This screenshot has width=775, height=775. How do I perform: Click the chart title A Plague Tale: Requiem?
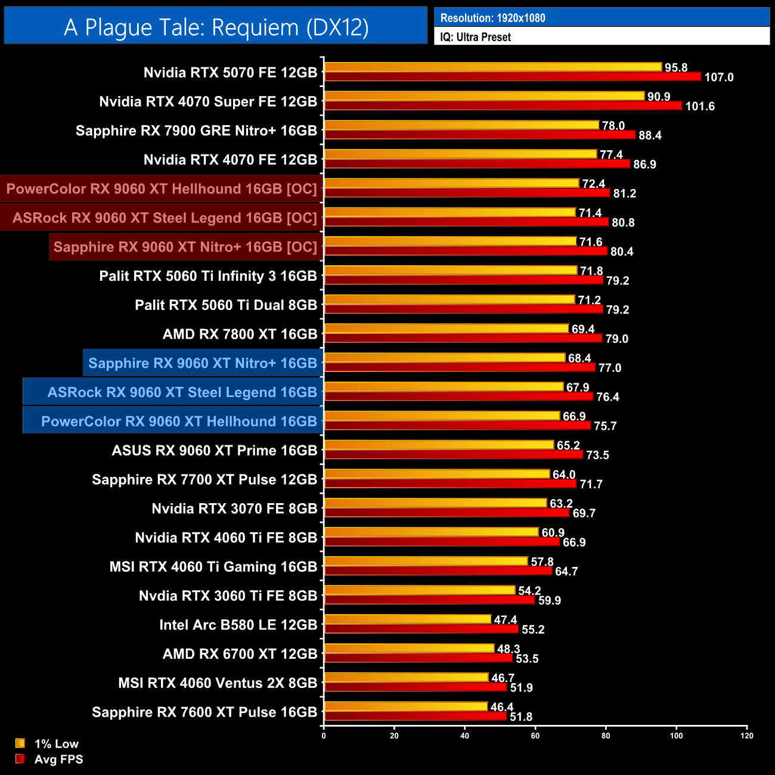coord(216,27)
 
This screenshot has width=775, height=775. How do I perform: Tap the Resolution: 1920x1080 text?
coord(492,18)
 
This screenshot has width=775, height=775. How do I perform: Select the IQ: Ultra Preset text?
coord(475,37)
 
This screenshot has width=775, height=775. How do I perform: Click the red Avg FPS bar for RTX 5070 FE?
coord(513,76)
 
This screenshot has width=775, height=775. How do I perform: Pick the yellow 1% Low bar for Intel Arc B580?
coord(408,619)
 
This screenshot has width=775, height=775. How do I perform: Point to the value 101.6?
coord(700,107)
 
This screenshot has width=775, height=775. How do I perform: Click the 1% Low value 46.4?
coord(502,707)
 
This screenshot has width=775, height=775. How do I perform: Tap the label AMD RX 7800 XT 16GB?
coord(240,334)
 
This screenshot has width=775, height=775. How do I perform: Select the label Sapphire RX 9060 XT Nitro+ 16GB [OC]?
coord(185,247)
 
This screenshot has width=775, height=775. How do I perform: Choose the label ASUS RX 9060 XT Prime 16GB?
coord(215,451)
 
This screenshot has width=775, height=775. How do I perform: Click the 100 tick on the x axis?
coord(676,736)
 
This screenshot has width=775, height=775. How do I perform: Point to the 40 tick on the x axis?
coord(464,736)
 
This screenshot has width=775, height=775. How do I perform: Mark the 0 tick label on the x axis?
coord(324,736)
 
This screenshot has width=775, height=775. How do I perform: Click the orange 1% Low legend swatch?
coord(20,743)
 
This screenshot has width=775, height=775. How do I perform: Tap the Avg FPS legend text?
coord(58,759)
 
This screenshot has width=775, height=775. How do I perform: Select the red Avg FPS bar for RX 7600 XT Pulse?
coord(415,716)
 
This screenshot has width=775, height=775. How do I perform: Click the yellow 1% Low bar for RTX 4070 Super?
coord(484,96)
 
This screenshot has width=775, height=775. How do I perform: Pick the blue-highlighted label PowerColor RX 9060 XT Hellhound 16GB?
coord(179,421)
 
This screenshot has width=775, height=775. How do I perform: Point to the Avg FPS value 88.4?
coord(650,136)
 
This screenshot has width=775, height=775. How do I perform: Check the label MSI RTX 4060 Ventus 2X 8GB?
coord(218,683)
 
